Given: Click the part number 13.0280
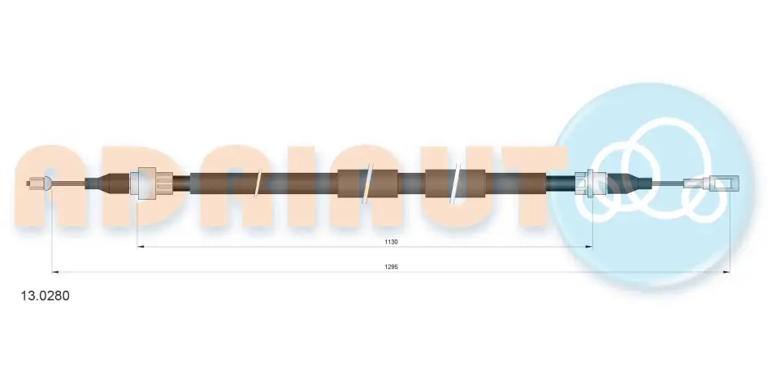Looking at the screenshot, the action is coord(45,296).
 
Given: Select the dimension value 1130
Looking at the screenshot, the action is coord(391,242).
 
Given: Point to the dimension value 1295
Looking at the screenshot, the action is coord(391,267).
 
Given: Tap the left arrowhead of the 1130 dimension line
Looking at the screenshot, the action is coord(141,246).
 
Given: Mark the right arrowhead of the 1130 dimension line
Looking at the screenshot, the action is coord(589,246).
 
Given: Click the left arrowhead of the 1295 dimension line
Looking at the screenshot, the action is coord(55,271).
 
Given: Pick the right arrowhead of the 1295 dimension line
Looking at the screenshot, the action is coord(726,271).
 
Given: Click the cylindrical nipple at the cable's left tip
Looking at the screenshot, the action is coord(33,183).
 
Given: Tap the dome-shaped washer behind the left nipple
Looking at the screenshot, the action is coord(47,183).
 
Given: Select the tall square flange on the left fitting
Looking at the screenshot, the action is coord(147,183).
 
